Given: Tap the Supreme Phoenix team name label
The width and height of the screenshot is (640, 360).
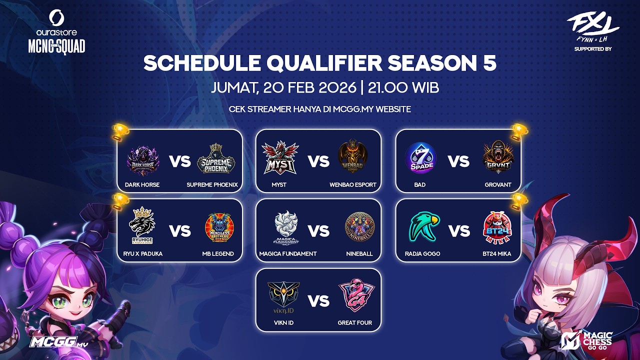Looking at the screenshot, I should point(212,184).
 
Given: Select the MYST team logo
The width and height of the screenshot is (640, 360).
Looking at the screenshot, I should point(280,158).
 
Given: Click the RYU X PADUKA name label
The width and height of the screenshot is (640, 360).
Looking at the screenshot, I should point(142,253).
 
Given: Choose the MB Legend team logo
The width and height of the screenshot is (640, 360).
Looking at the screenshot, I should point(218,228).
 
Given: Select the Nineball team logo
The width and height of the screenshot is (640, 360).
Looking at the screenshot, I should point(359,228).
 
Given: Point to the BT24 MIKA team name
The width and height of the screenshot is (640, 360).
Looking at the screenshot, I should point(497,253).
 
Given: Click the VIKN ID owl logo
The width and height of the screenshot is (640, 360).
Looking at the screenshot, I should point(283,298).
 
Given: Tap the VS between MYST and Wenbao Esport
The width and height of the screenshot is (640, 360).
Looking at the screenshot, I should point(318,161).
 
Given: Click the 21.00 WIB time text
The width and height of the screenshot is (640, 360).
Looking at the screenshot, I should point(403,88).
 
